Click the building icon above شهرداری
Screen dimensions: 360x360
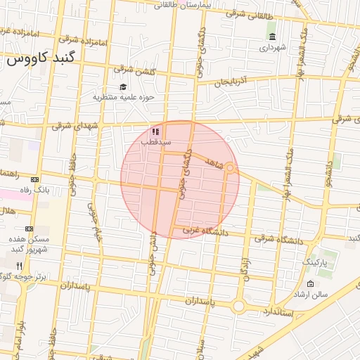click(272, 37)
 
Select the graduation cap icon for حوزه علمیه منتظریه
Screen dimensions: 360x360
click(123, 87)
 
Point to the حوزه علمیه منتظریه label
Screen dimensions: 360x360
click(123, 97)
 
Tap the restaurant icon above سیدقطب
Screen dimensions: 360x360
click(155, 131)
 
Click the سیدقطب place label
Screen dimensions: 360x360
click(155, 141)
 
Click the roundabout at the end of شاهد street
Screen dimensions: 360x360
click(230, 169)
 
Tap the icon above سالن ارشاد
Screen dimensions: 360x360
click(310, 284)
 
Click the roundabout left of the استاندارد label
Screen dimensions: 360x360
click(238, 306)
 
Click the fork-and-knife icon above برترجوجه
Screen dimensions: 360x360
click(20, 266)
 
